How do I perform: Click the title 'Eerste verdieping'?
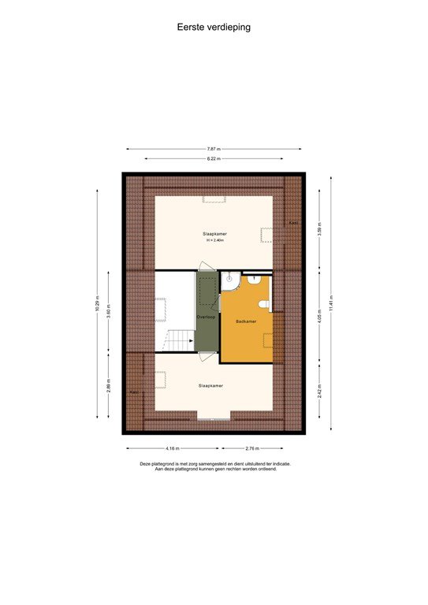(214, 26)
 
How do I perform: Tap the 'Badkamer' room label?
(246, 321)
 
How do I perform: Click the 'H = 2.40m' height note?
(214, 241)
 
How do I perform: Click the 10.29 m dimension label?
(97, 304)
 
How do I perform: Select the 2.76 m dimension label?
(252, 448)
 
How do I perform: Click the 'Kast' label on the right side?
(292, 223)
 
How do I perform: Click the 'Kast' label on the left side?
(134, 392)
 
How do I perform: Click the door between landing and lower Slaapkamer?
(207, 355)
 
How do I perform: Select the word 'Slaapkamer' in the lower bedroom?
(210, 385)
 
